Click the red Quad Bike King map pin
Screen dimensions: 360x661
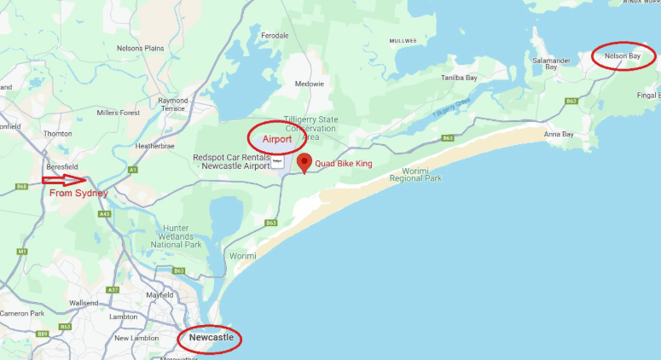pos(304,163)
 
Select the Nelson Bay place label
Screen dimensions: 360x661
pos(622,56)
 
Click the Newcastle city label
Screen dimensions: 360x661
pos(211,339)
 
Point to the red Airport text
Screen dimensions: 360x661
pos(277,138)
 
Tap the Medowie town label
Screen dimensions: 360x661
pos(310,84)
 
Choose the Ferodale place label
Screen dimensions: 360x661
pos(275,35)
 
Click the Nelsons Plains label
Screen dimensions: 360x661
pos(141,49)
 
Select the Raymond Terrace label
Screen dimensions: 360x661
pos(172,104)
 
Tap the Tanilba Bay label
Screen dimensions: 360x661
pos(458,77)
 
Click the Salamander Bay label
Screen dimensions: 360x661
pos(550,65)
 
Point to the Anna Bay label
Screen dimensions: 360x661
pos(559,134)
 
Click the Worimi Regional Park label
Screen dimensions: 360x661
pos(415,174)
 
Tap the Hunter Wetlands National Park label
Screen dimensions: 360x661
pos(176,235)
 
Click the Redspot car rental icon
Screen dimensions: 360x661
pos(278,160)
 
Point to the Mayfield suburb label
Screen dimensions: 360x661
pos(159,295)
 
